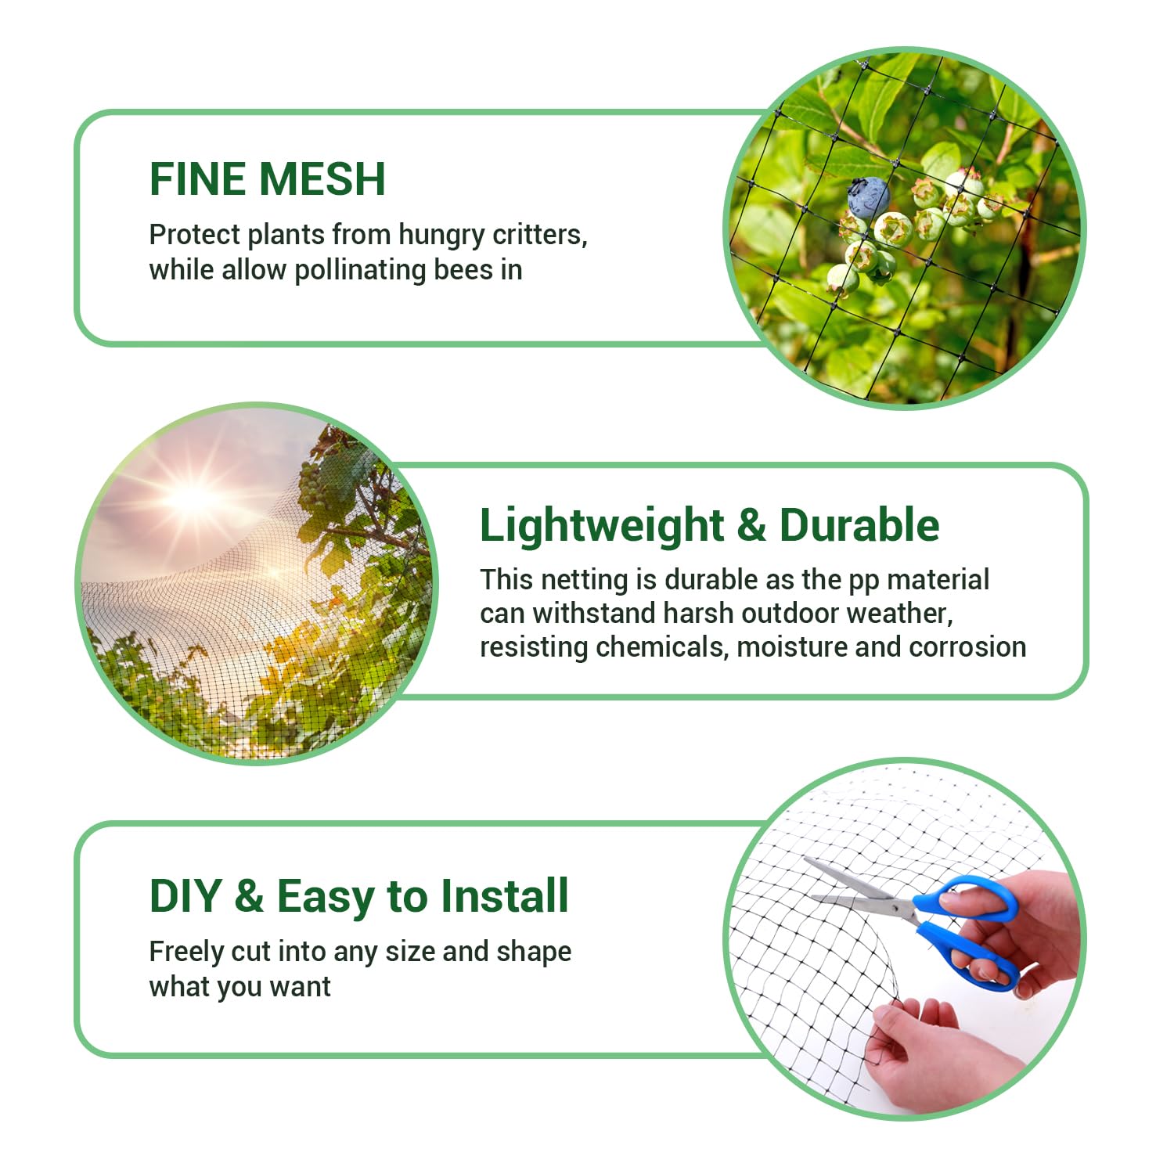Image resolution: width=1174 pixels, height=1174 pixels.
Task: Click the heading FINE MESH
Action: pos(267,179)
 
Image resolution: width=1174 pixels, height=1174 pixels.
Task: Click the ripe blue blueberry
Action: pos(869,197)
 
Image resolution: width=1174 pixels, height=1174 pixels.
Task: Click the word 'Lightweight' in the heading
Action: pos(602,526)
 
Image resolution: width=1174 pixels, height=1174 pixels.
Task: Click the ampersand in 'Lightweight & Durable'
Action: pos(751,525)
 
